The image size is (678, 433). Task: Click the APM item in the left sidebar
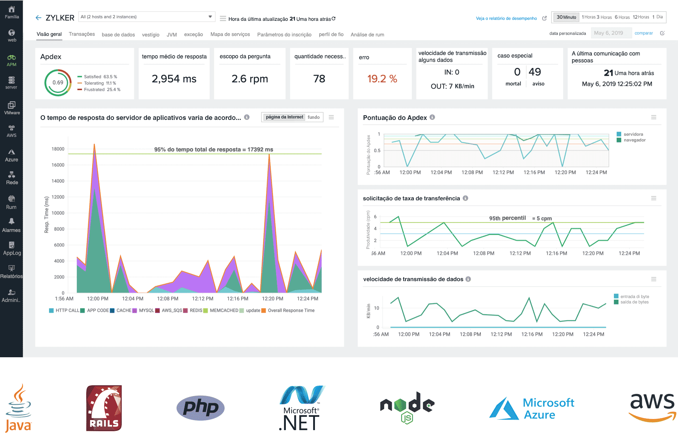(x=11, y=60)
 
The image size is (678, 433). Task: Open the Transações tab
(x=82, y=34)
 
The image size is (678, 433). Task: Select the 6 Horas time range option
(x=622, y=17)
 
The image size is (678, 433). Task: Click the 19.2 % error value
(x=382, y=79)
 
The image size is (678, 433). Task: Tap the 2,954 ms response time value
(x=174, y=79)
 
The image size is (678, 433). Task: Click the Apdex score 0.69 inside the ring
(x=58, y=83)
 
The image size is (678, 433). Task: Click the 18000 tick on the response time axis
(x=58, y=149)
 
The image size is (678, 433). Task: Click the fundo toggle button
(x=314, y=117)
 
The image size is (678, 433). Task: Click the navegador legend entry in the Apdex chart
(x=634, y=140)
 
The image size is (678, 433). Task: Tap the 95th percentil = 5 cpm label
(x=520, y=218)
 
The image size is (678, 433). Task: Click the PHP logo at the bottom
(x=200, y=408)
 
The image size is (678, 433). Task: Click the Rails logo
(x=104, y=408)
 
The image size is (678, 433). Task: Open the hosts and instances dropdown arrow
(x=210, y=17)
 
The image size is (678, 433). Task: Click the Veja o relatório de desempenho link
(x=506, y=18)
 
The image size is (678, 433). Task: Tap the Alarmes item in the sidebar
(x=11, y=225)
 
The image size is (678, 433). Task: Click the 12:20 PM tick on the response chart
(x=273, y=299)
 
